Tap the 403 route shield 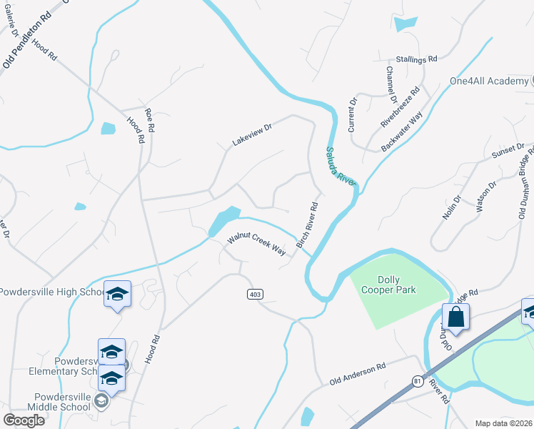coord(255,295)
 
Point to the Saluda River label coord(341,166)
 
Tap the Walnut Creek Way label coord(256,244)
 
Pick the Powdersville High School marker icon coord(117,295)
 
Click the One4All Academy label coord(488,81)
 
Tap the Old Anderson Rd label coord(357,374)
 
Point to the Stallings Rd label coord(416,60)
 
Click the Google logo coord(24,420)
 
